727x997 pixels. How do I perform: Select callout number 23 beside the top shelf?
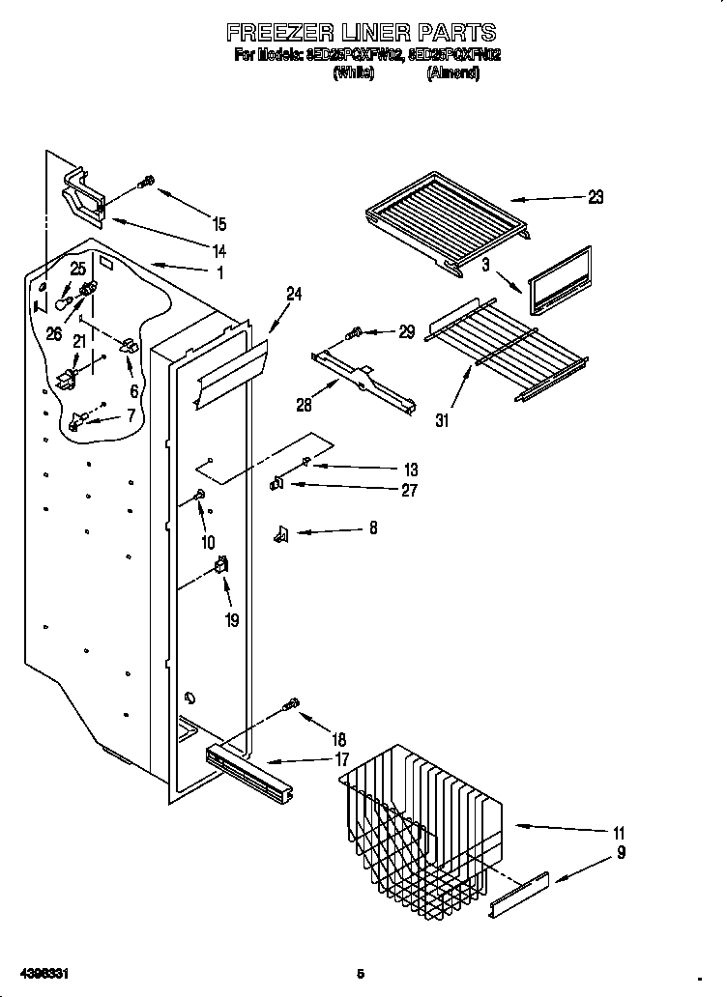[x=596, y=197]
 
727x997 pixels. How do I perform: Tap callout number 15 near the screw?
[x=219, y=224]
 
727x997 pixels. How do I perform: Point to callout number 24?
[x=294, y=295]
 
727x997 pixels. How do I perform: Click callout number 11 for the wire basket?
[x=619, y=833]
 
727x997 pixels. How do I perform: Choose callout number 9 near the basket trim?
[x=621, y=852]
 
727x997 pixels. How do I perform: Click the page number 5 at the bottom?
[x=361, y=973]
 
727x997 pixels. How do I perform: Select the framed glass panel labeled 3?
[x=560, y=281]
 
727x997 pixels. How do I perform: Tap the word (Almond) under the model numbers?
[x=452, y=73]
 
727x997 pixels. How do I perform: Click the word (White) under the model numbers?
[x=353, y=73]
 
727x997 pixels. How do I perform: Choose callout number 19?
[x=231, y=620]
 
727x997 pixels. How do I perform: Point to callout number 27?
[x=409, y=490]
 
